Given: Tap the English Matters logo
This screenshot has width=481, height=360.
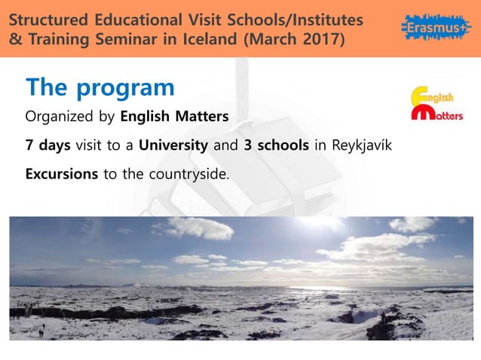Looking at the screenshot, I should [437, 105].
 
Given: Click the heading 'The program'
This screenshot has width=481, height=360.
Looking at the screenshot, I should [100, 87].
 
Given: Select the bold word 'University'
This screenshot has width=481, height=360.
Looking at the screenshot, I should [173, 145].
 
